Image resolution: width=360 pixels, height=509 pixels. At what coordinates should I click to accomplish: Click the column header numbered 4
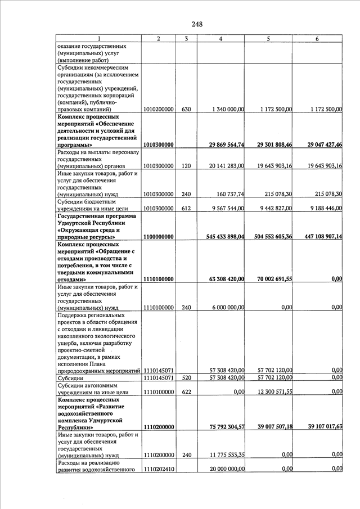pos(220,38)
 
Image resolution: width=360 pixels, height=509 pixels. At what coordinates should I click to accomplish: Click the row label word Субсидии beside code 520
pos(72,378)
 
